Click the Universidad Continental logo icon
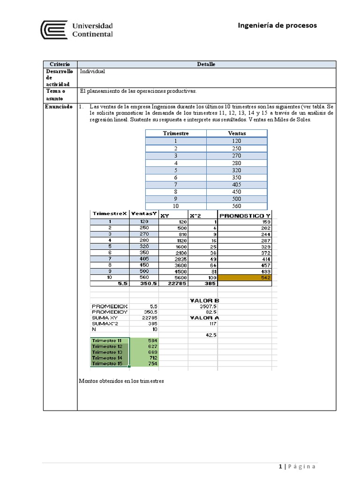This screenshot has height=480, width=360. point(53,30)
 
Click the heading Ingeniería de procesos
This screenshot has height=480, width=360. point(277,25)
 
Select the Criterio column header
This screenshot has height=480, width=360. point(60,64)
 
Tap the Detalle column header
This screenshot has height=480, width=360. point(206,64)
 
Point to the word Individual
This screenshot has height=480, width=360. point(92,72)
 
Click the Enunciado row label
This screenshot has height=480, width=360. point(59,107)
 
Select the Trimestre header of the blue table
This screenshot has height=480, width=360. point(176,133)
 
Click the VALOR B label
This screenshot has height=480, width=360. point(204,300)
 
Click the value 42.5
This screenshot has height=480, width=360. point(211,335)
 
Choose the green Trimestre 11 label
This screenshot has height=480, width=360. point(106,340)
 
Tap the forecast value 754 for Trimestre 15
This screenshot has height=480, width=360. point(152,363)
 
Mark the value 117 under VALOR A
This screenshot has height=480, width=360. point(212,323)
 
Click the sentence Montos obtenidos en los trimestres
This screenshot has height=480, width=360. point(122,381)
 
